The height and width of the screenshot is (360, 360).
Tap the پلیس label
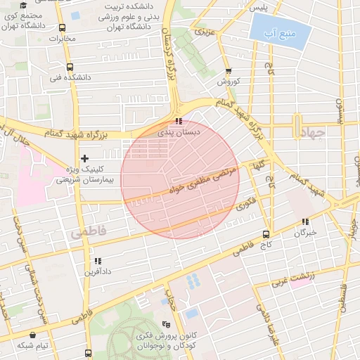(261, 7)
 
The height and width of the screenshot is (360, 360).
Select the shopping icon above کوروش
(228, 71)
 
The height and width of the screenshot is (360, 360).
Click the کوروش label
(228, 82)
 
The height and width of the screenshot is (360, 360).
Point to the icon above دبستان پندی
(178, 121)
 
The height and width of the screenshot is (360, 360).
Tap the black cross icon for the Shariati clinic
(85, 159)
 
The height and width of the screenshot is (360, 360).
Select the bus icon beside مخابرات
(63, 28)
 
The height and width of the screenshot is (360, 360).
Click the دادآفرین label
(98, 271)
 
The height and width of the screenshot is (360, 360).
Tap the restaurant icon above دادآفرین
(97, 260)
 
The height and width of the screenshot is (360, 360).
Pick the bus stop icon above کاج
(265, 234)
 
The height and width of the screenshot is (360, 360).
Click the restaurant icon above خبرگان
(305, 221)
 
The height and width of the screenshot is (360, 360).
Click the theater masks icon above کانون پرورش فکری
(166, 324)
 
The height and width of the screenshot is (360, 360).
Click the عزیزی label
(202, 32)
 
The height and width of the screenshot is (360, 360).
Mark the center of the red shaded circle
(180, 179)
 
